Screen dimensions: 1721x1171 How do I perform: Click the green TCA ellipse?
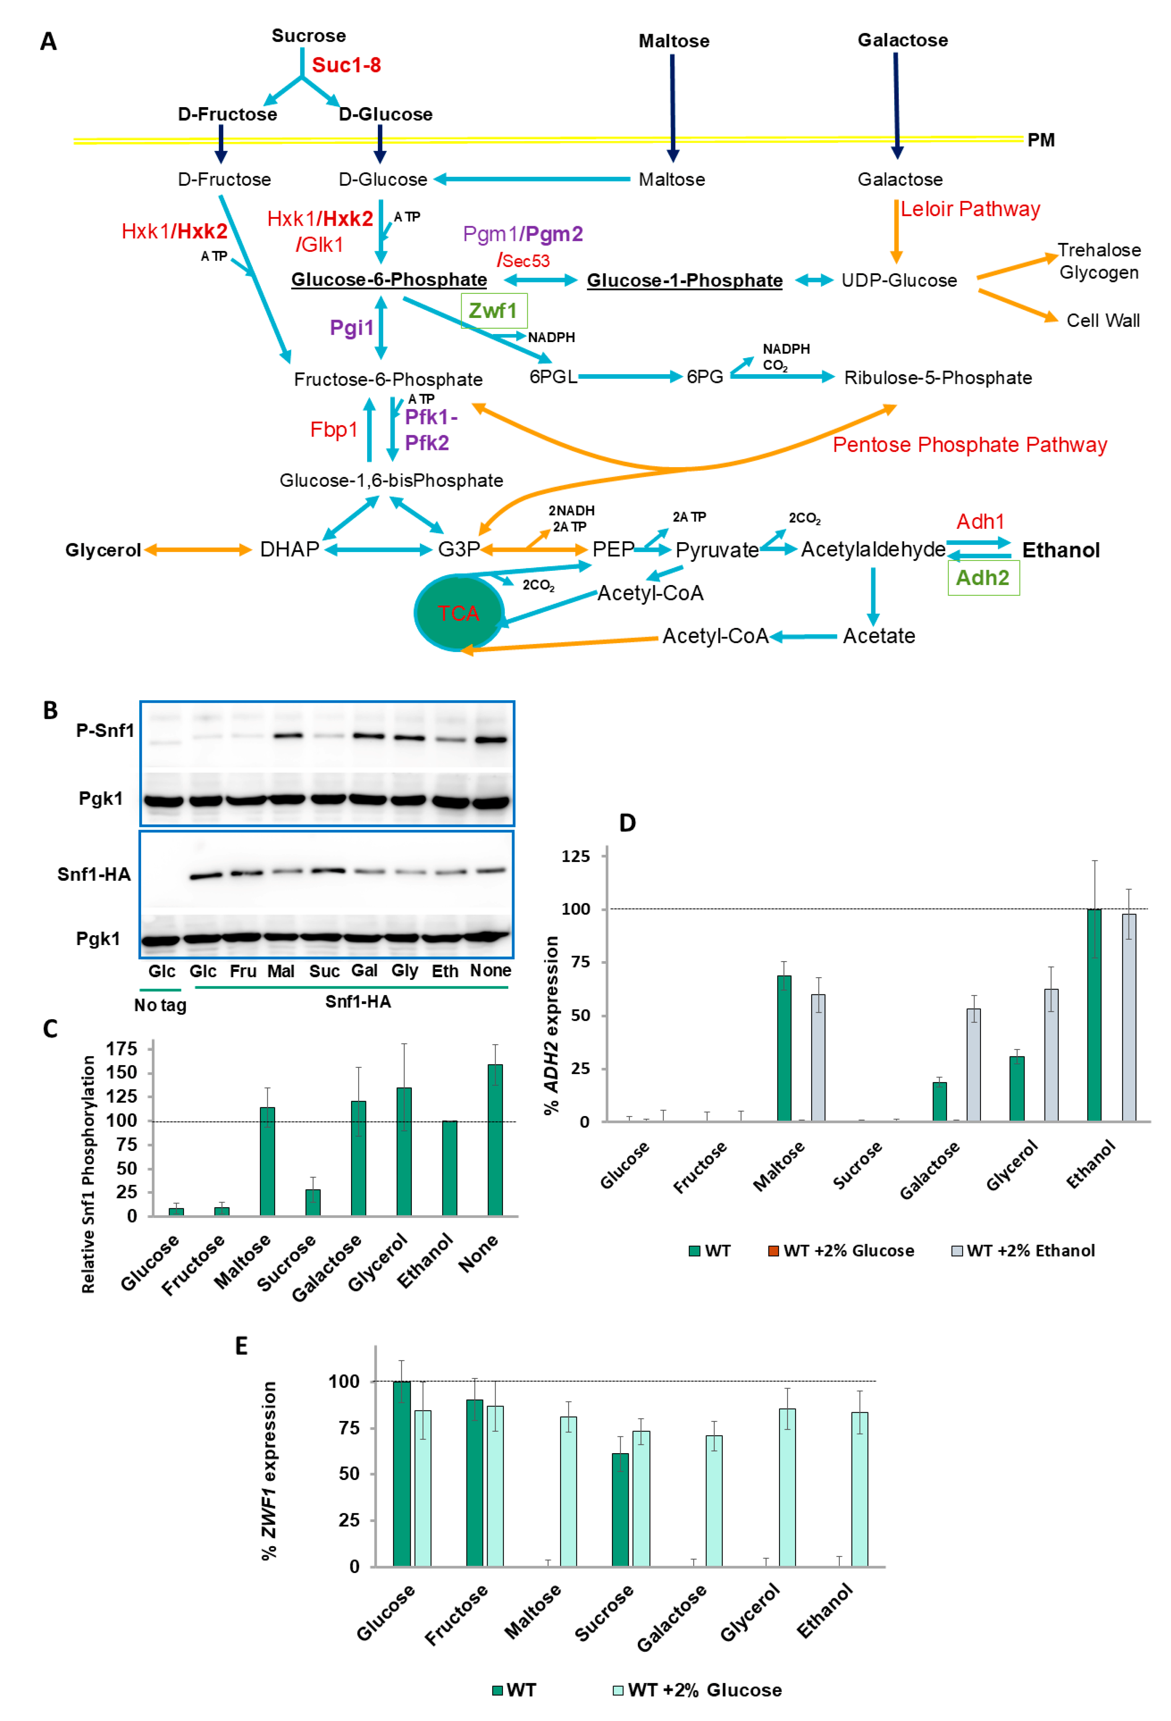click(458, 613)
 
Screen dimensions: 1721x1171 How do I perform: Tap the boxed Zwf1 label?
click(493, 311)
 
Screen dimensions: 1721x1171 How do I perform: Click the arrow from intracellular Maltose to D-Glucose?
click(533, 179)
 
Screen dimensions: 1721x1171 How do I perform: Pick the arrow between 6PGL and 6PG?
click(629, 377)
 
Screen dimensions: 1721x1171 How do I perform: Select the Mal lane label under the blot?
click(281, 971)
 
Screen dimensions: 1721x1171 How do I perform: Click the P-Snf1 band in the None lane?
click(490, 739)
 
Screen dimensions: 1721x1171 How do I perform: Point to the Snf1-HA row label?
click(94, 875)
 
